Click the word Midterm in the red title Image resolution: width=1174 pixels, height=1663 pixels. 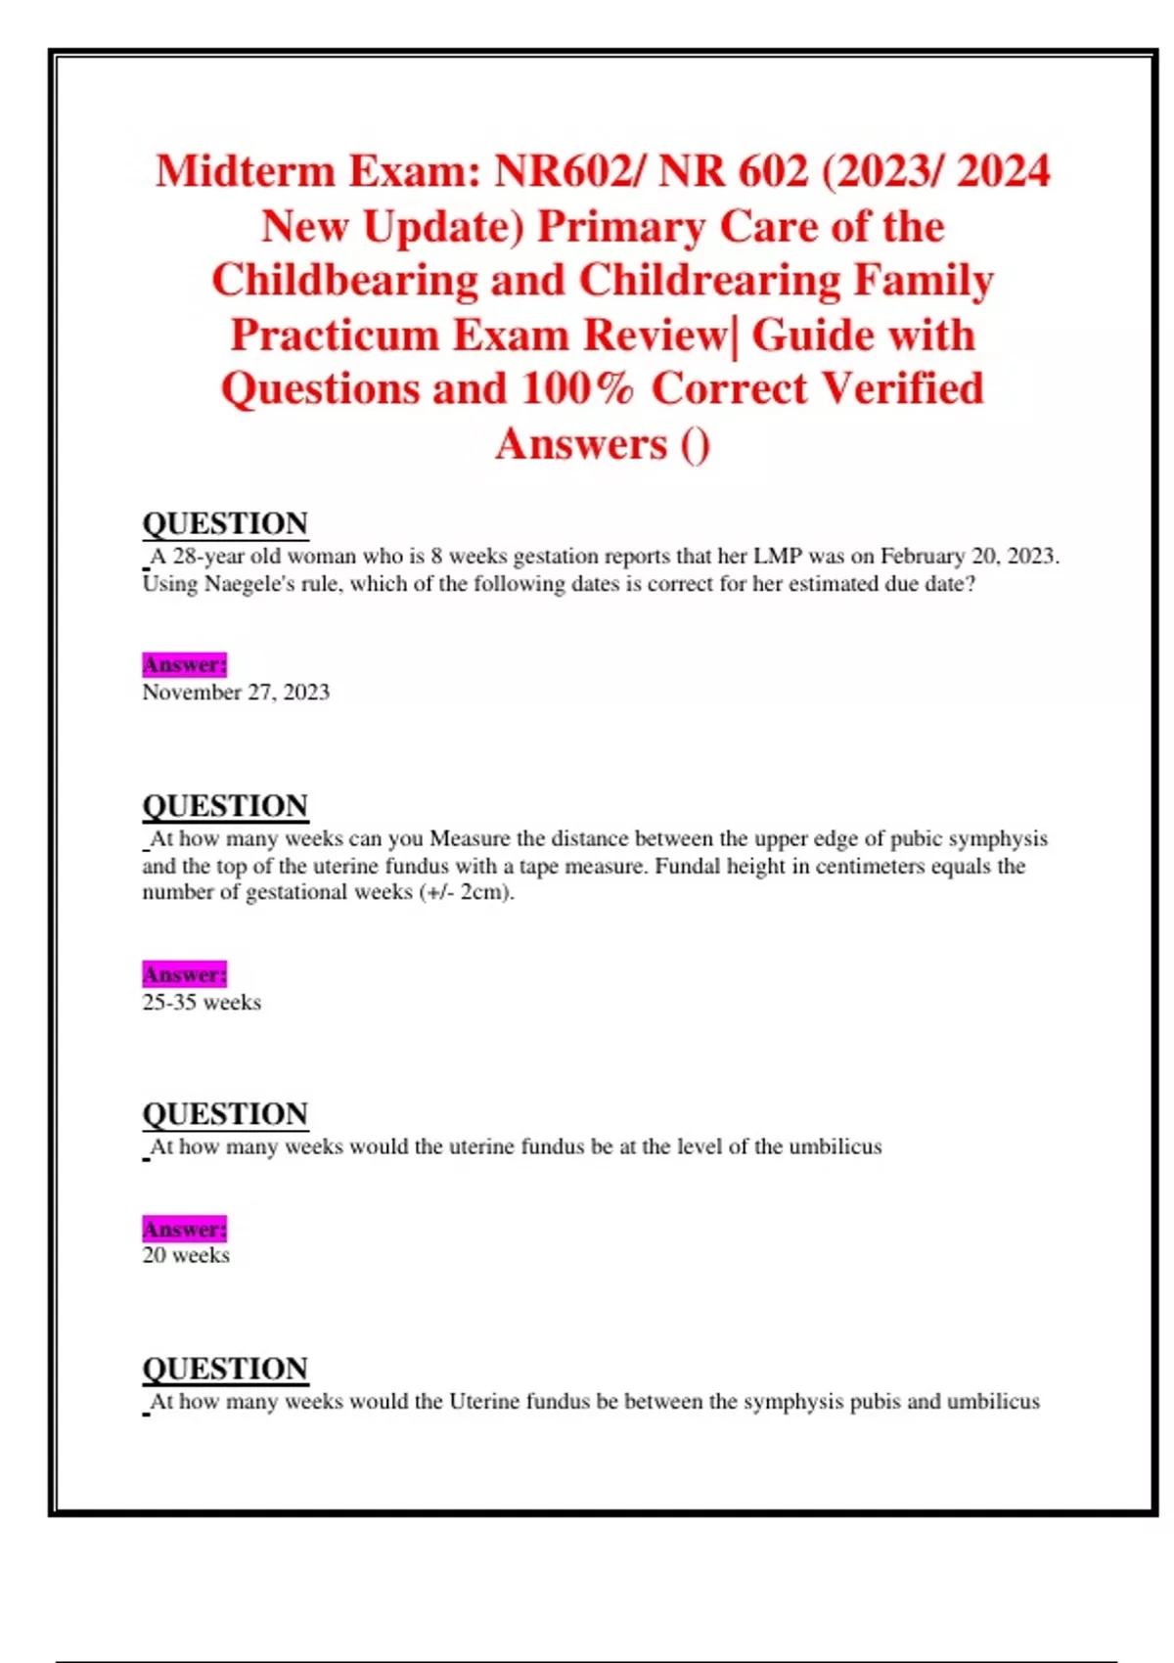(245, 171)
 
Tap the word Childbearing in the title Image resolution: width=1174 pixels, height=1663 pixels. (344, 281)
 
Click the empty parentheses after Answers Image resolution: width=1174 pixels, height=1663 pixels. (695, 445)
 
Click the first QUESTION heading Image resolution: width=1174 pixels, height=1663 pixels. (225, 523)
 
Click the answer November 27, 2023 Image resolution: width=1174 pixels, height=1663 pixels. (236, 693)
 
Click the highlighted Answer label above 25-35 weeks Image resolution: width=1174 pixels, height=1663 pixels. (185, 974)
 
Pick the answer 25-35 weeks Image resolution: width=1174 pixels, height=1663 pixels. (202, 1003)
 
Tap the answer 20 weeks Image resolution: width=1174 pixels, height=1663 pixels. (186, 1256)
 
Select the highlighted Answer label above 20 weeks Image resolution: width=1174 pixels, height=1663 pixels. (185, 1229)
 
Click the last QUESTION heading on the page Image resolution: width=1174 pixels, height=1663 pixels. (225, 1369)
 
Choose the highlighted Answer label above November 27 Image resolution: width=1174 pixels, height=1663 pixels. (185, 665)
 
